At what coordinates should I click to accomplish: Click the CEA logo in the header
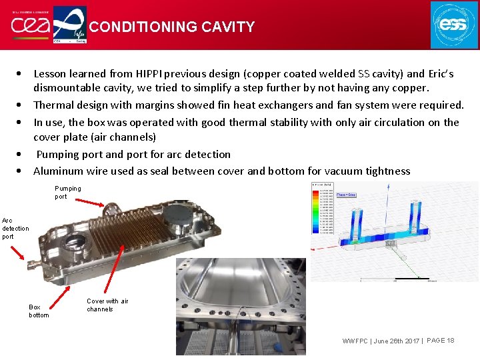tap(29, 25)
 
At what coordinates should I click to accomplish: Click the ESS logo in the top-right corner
tap(454, 25)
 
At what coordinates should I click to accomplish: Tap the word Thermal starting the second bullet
tap(53, 105)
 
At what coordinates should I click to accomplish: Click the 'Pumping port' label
tap(67, 192)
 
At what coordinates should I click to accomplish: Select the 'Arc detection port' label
tap(15, 228)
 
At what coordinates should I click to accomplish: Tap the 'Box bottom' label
tap(38, 311)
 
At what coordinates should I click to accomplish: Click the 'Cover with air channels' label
tap(107, 305)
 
